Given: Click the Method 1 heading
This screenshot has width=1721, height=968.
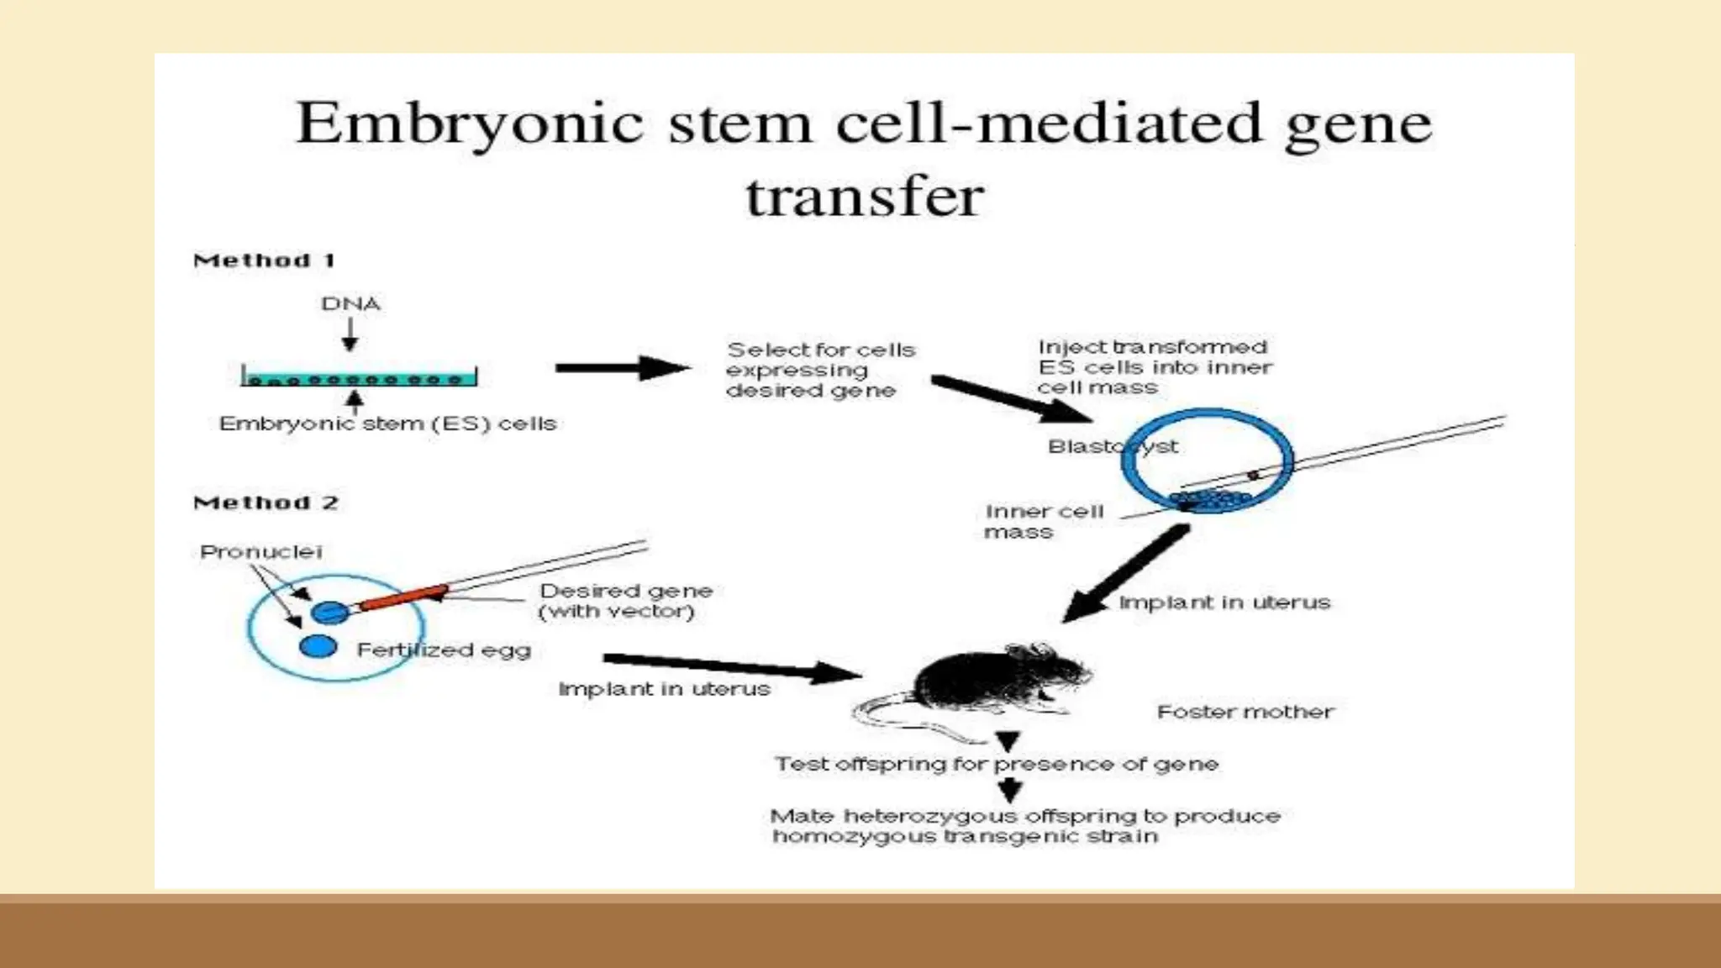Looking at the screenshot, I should [264, 260].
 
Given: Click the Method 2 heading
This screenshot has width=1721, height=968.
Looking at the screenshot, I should [266, 502].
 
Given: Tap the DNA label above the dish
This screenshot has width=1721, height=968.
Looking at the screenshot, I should [350, 303].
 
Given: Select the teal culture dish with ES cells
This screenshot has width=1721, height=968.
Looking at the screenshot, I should [359, 377].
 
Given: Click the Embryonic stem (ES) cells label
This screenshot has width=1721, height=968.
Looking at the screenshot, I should [387, 423].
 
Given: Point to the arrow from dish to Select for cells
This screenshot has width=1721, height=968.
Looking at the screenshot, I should [622, 368].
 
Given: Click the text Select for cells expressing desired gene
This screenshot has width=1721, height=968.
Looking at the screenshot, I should [819, 370].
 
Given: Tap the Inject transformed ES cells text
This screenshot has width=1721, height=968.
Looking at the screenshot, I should [1155, 367].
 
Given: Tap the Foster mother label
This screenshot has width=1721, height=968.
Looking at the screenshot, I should [1245, 713].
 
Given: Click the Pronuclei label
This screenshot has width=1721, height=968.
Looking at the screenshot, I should [261, 552].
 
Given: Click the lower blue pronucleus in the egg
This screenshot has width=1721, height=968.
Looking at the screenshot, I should [318, 646].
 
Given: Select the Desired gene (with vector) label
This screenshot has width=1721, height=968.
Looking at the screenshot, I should [624, 601].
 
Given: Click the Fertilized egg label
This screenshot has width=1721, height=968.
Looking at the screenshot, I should [444, 650].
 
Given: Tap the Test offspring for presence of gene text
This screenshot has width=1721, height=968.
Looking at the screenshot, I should [996, 764].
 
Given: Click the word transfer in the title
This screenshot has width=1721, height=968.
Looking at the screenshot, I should [865, 197].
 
